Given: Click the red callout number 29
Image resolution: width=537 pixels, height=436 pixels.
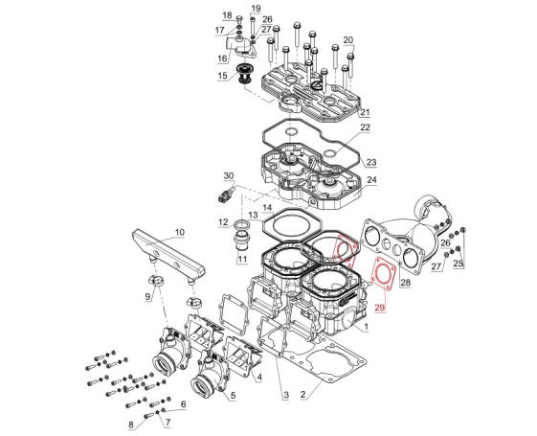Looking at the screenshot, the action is pos(379,308).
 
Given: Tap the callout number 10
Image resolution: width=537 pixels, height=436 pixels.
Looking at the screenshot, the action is pos(179,232).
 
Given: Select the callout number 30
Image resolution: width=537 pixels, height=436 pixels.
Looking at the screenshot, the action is pos(229,176).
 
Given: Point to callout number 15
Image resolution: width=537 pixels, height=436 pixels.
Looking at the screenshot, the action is pos(222,76).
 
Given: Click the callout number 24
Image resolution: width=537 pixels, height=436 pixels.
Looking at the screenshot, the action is pos(371,179).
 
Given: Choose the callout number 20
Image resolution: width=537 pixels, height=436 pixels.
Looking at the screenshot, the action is pos(348,39).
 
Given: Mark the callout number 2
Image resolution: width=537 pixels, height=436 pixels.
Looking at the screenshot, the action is pos(302,394).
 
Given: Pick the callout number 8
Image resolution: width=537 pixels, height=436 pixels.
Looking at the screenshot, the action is pos(131,425).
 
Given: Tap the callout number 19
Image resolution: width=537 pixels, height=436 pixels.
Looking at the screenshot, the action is pos(256,9).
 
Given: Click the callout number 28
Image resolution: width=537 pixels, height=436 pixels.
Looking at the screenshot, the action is pos(406,283).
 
